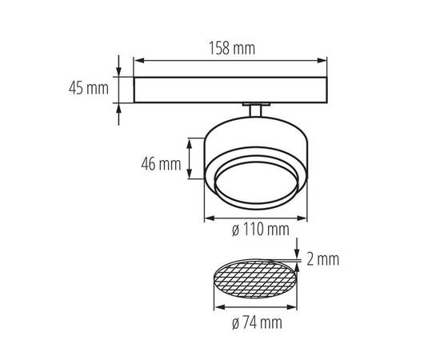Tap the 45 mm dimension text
(x=88, y=89)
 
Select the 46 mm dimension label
(x=160, y=166)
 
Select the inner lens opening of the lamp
(x=255, y=183)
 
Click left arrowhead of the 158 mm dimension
(x=136, y=60)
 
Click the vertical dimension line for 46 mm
(x=190, y=159)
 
